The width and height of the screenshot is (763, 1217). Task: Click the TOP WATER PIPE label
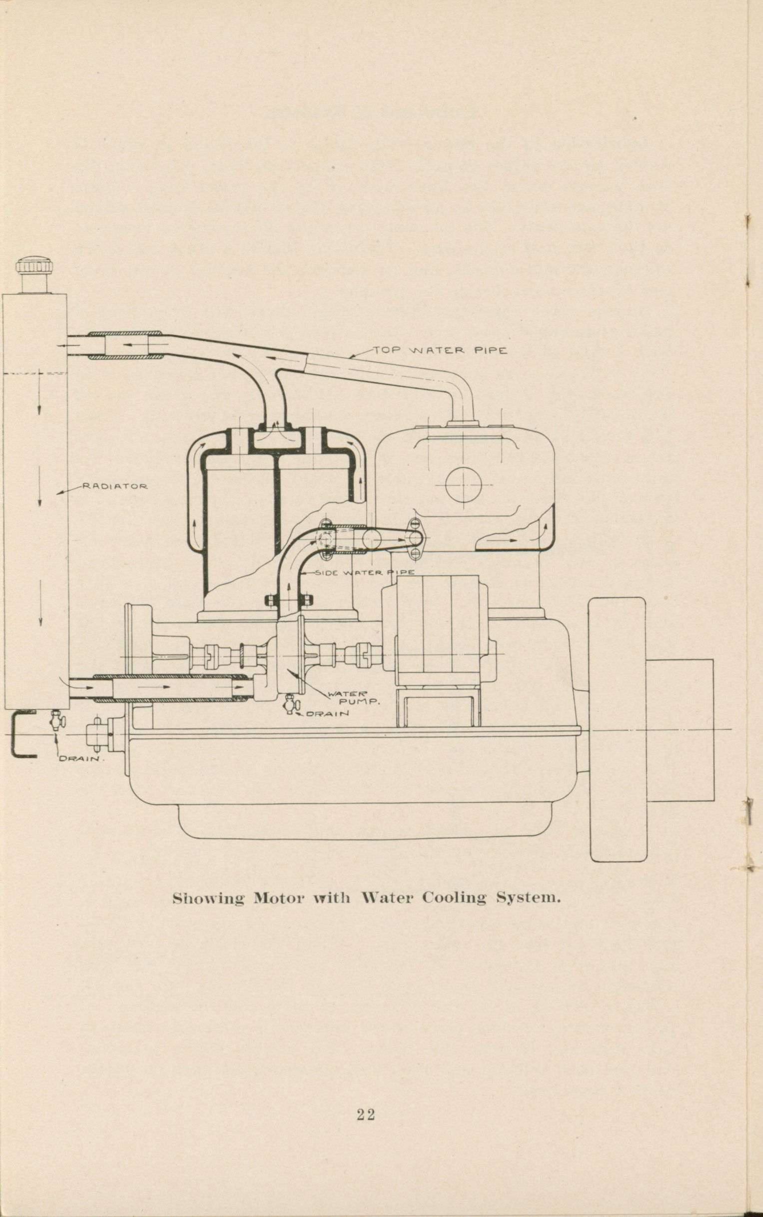[440, 350]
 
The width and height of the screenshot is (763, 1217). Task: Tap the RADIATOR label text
[115, 487]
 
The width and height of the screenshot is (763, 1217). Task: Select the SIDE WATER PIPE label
[365, 572]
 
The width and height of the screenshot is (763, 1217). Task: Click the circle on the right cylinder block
[464, 485]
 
